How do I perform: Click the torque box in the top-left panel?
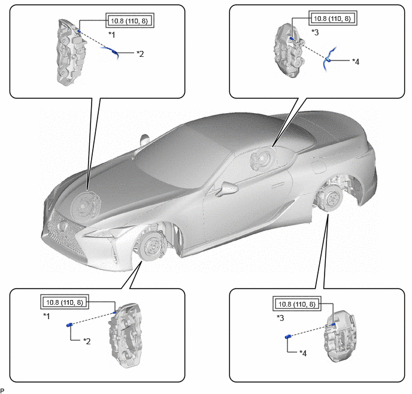130,20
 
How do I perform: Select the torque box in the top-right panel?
332,18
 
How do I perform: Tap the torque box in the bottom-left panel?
65,302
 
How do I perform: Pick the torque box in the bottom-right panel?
297,304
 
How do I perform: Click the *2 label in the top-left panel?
140,54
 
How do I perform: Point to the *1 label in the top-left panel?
111,34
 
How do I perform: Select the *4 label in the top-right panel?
356,62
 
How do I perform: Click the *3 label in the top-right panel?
315,32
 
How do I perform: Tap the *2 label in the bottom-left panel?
87,341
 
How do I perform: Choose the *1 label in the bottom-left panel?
47,316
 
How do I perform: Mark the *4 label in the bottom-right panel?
303,353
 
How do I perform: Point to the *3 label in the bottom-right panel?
280,318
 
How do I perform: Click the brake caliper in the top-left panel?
70,51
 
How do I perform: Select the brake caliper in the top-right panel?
289,50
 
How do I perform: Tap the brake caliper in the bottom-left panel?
126,335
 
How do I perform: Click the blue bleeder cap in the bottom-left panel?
69,325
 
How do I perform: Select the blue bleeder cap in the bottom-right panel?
287,337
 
